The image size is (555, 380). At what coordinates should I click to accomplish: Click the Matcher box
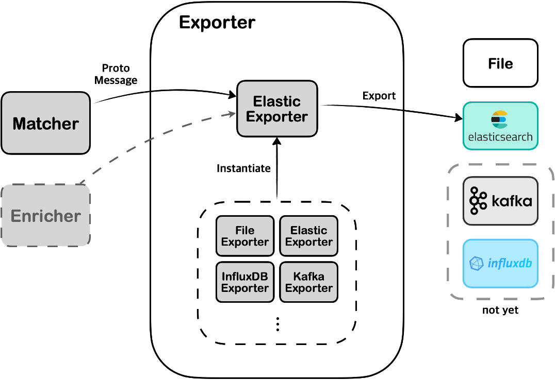[45, 123]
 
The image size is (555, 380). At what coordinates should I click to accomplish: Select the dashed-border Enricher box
[45, 216]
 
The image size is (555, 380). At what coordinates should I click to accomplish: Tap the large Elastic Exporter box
[277, 109]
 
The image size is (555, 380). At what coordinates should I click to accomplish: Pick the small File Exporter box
[244, 236]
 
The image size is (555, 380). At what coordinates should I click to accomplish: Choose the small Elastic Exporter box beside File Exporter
[308, 236]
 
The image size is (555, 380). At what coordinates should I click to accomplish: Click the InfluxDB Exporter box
[244, 282]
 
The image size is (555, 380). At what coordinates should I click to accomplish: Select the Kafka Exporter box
[308, 282]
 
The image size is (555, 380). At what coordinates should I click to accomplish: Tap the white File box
[500, 63]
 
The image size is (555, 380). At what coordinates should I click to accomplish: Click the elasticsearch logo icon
[499, 119]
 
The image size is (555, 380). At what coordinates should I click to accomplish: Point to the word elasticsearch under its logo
[500, 137]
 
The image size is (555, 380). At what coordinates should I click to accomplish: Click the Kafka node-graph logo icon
[478, 201]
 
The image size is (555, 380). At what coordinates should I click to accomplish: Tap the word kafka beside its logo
[511, 201]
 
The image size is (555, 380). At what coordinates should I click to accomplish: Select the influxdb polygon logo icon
[476, 264]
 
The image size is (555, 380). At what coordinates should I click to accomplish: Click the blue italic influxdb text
[510, 264]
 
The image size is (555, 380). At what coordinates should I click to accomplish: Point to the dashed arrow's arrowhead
[231, 115]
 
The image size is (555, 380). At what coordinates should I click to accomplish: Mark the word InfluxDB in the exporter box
[244, 277]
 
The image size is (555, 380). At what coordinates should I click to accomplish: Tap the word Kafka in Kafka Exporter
[308, 277]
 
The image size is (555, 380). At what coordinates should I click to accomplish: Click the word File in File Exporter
[244, 230]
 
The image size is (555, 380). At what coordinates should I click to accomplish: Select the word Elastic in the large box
[277, 101]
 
